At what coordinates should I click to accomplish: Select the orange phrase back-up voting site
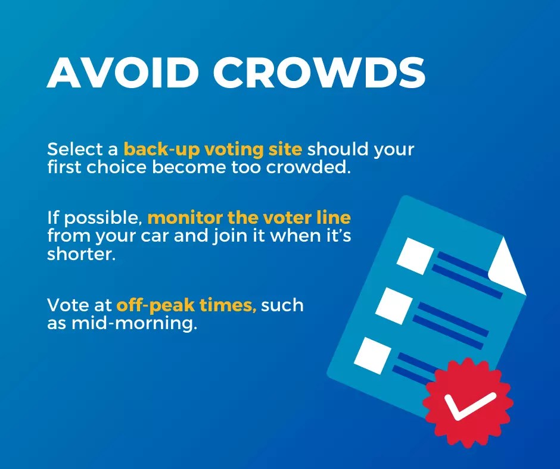213,149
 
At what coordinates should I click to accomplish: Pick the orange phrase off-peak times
186,305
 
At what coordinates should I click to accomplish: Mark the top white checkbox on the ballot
416,254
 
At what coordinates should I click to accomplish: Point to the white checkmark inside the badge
469,405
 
